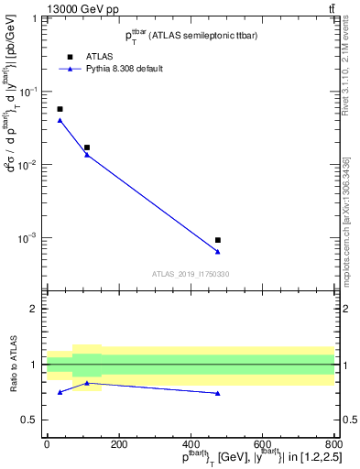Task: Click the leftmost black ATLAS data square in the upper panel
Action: (x=60, y=109)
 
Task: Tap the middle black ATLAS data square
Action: (x=87, y=147)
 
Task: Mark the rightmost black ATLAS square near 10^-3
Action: (x=218, y=240)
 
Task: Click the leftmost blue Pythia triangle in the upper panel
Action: (x=60, y=120)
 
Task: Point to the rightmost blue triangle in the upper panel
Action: (x=218, y=252)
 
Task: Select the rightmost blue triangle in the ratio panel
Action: (x=218, y=393)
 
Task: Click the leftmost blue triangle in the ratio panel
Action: (x=60, y=392)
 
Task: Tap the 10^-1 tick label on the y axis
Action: (x=32, y=92)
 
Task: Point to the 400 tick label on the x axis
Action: (x=191, y=444)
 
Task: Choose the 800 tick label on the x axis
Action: (x=334, y=444)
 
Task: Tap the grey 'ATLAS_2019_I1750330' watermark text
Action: (x=191, y=274)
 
